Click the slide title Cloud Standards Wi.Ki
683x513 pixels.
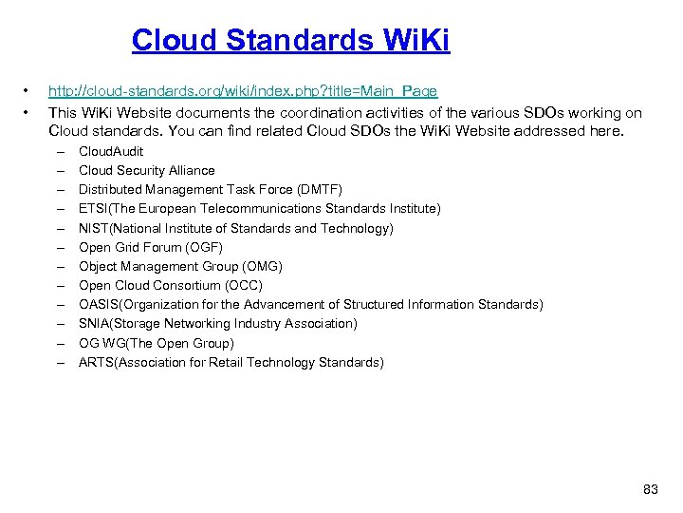[x=290, y=40]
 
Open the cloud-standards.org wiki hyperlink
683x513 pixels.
[x=243, y=91]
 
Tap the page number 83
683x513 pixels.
[x=650, y=489]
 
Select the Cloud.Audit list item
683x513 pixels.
[x=111, y=151]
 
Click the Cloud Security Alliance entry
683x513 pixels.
[x=146, y=170]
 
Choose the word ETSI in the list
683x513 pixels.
[x=93, y=208]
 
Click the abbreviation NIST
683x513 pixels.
[x=94, y=228]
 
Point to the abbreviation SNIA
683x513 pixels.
[x=94, y=324]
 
